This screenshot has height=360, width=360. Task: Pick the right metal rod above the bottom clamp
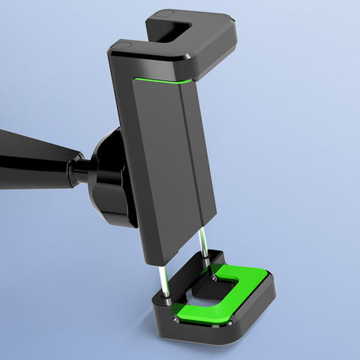(204, 247)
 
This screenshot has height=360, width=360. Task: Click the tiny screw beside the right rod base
(216, 277)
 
